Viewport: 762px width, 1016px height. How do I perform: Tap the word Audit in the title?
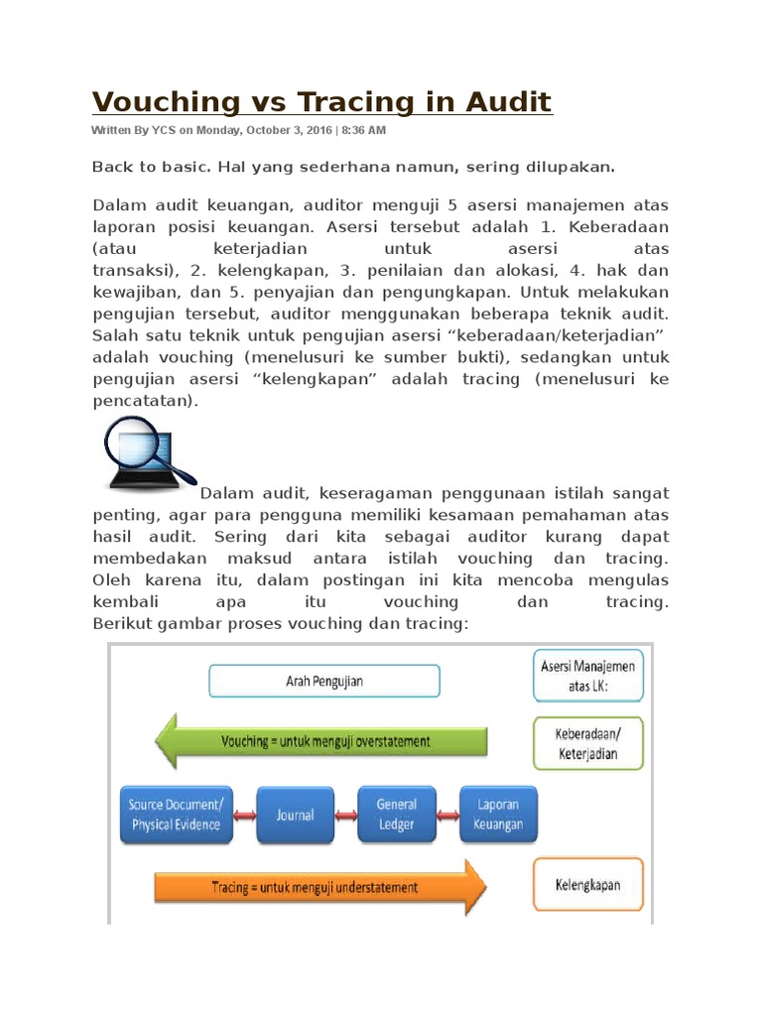[506, 101]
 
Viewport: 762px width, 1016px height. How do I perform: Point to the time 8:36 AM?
[363, 131]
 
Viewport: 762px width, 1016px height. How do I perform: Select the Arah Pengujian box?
[324, 681]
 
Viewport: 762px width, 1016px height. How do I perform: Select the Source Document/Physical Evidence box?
[176, 814]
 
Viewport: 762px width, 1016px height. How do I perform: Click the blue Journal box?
[295, 815]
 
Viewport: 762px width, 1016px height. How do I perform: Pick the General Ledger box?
[396, 815]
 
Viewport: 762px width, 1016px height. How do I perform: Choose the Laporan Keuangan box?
[498, 814]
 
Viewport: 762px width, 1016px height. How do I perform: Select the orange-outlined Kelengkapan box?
[588, 882]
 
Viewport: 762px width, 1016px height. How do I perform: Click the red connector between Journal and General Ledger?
[345, 815]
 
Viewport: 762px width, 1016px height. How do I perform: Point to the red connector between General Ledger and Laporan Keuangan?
[447, 815]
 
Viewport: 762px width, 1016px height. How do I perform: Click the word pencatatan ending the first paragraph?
[144, 401]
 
